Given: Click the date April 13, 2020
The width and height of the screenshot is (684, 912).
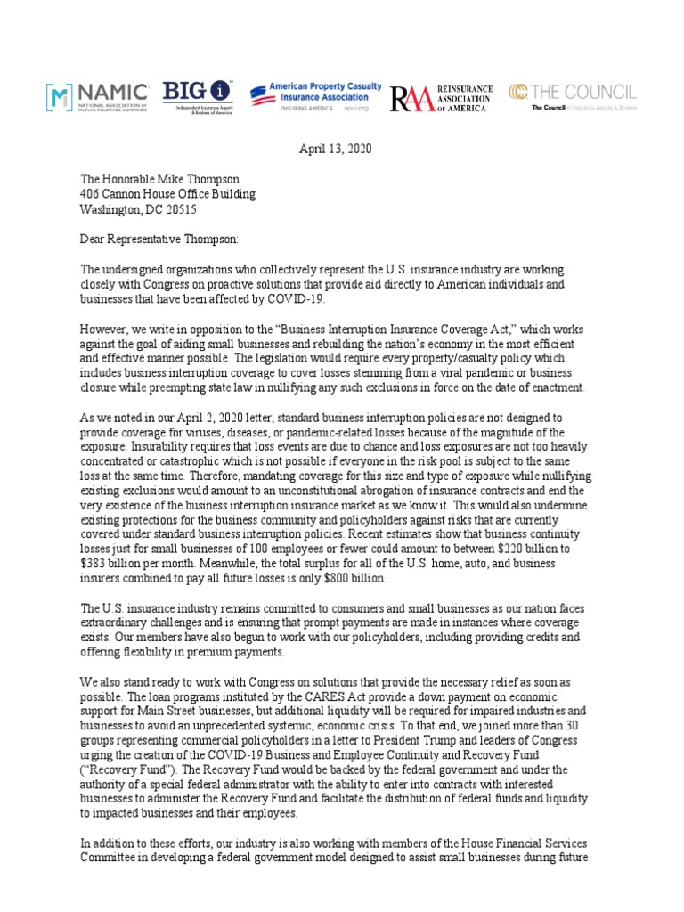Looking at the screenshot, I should (x=334, y=149).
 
